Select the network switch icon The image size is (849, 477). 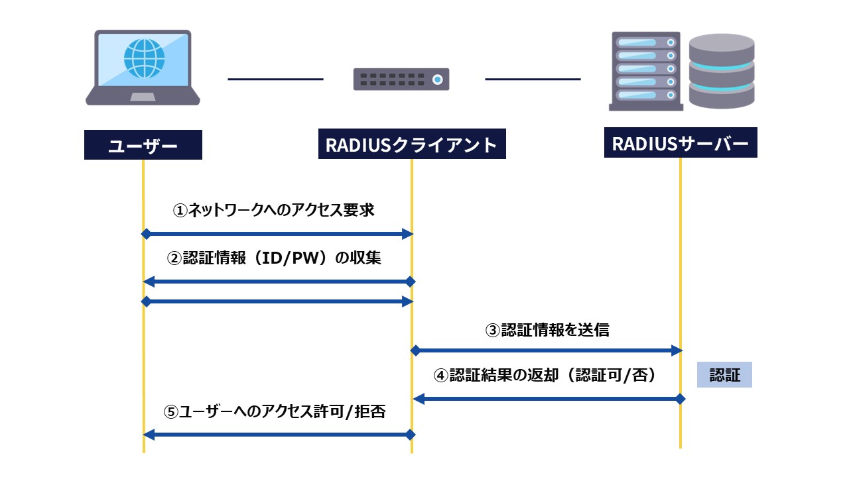[401, 79]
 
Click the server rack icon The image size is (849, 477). [646, 71]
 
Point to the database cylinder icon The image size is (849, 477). [722, 71]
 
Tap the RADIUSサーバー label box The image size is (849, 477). [681, 144]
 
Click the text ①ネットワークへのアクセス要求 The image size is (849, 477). [273, 211]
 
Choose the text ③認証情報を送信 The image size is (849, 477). [547, 330]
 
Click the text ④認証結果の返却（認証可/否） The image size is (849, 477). [545, 376]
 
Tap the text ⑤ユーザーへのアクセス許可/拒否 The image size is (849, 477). [275, 411]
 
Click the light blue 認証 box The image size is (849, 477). [724, 375]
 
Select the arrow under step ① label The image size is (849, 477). [278, 234]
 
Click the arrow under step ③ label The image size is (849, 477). [547, 349]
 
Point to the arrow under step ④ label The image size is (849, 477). [547, 399]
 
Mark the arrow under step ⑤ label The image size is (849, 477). [278, 435]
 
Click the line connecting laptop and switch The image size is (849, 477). [275, 79]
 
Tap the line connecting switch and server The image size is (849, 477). [533, 79]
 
